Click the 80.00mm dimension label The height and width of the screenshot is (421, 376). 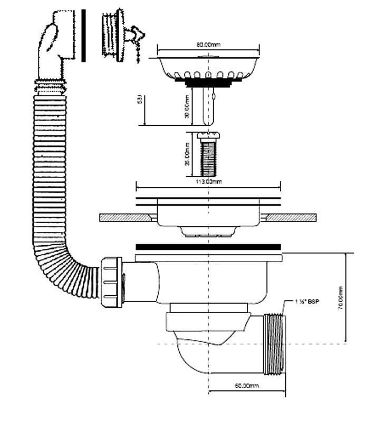(208, 45)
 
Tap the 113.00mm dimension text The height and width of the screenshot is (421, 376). (209, 182)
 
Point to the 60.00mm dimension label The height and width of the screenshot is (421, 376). (247, 386)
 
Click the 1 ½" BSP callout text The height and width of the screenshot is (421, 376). (308, 302)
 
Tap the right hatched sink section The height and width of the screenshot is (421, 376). (293, 217)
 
